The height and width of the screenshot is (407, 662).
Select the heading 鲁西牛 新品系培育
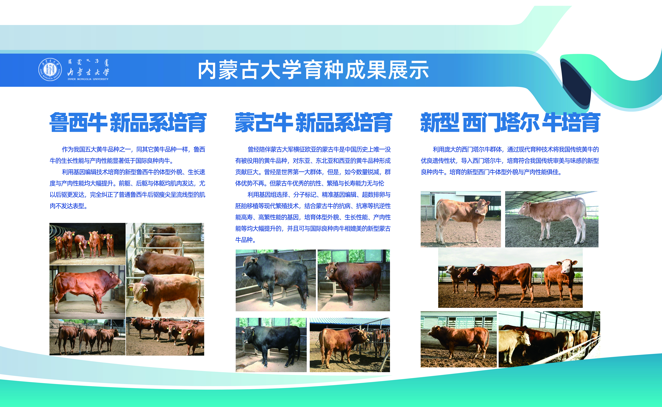click(128, 122)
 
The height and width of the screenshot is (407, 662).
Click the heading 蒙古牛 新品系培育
click(313, 122)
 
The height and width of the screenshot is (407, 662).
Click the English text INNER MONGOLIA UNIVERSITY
click(88, 79)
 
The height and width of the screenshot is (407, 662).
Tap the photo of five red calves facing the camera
click(87, 244)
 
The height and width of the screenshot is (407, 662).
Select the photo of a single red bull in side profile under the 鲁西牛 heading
click(87, 292)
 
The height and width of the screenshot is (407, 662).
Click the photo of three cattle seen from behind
click(87, 337)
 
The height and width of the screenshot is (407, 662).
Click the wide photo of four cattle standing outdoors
click(510, 278)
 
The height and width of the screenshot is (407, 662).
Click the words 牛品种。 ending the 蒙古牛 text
click(246, 240)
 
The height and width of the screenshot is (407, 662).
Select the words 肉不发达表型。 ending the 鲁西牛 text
click(68, 206)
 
